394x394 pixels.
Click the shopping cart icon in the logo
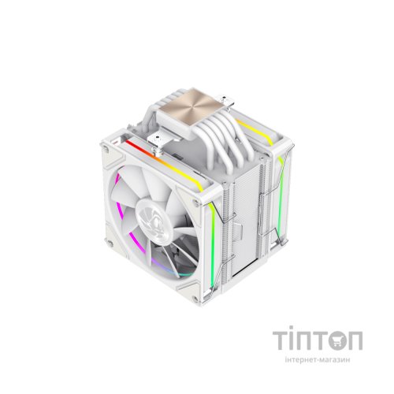coord(337,340)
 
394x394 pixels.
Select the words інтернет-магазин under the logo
coord(318,359)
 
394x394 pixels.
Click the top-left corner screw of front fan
coord(106,150)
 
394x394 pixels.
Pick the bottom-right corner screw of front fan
coord(195,299)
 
